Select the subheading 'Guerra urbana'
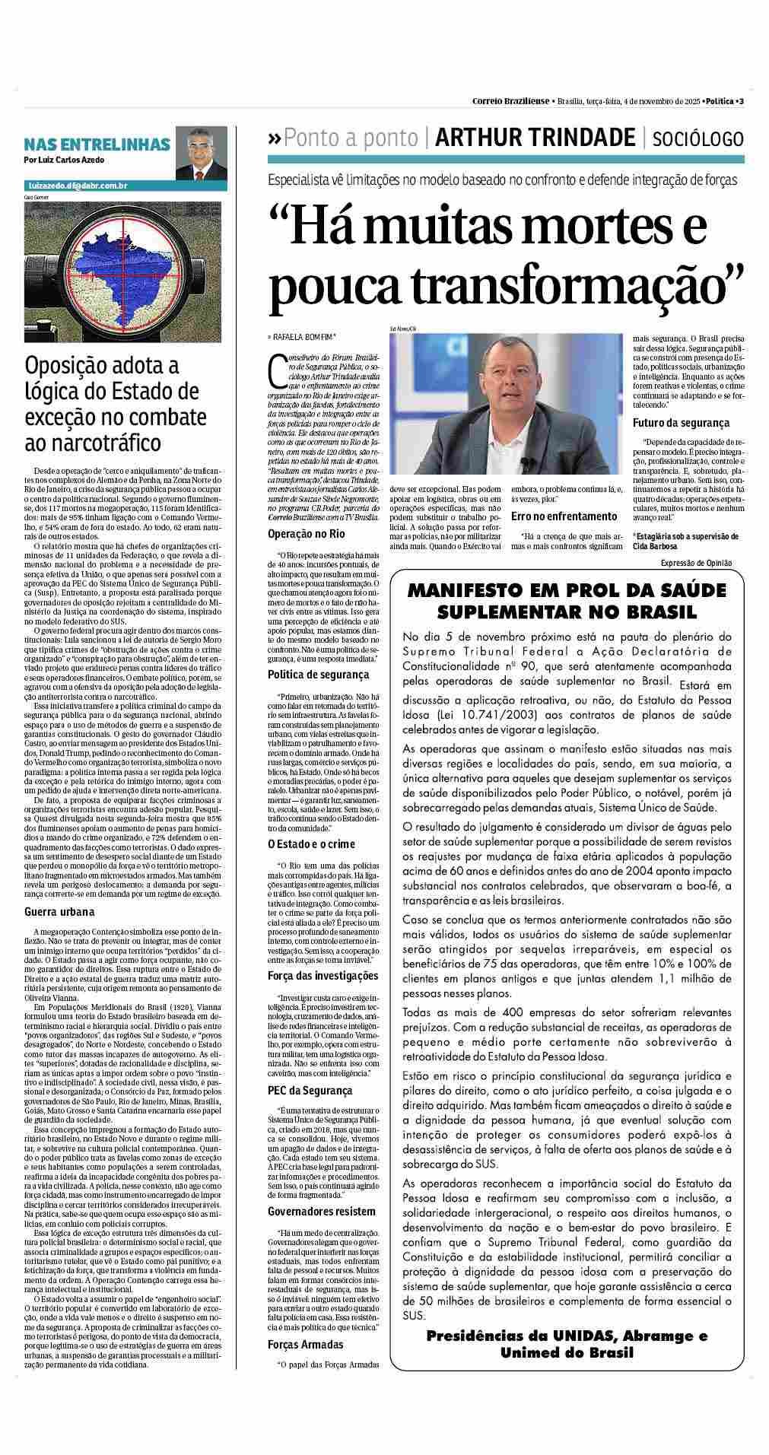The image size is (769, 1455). click(59, 911)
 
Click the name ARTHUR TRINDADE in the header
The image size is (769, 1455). click(535, 137)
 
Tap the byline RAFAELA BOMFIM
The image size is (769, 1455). click(304, 335)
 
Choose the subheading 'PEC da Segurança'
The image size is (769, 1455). click(299, 1090)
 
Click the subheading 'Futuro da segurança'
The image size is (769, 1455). click(681, 422)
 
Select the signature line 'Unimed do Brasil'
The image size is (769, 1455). click(567, 1352)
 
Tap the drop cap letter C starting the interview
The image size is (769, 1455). click(277, 369)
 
